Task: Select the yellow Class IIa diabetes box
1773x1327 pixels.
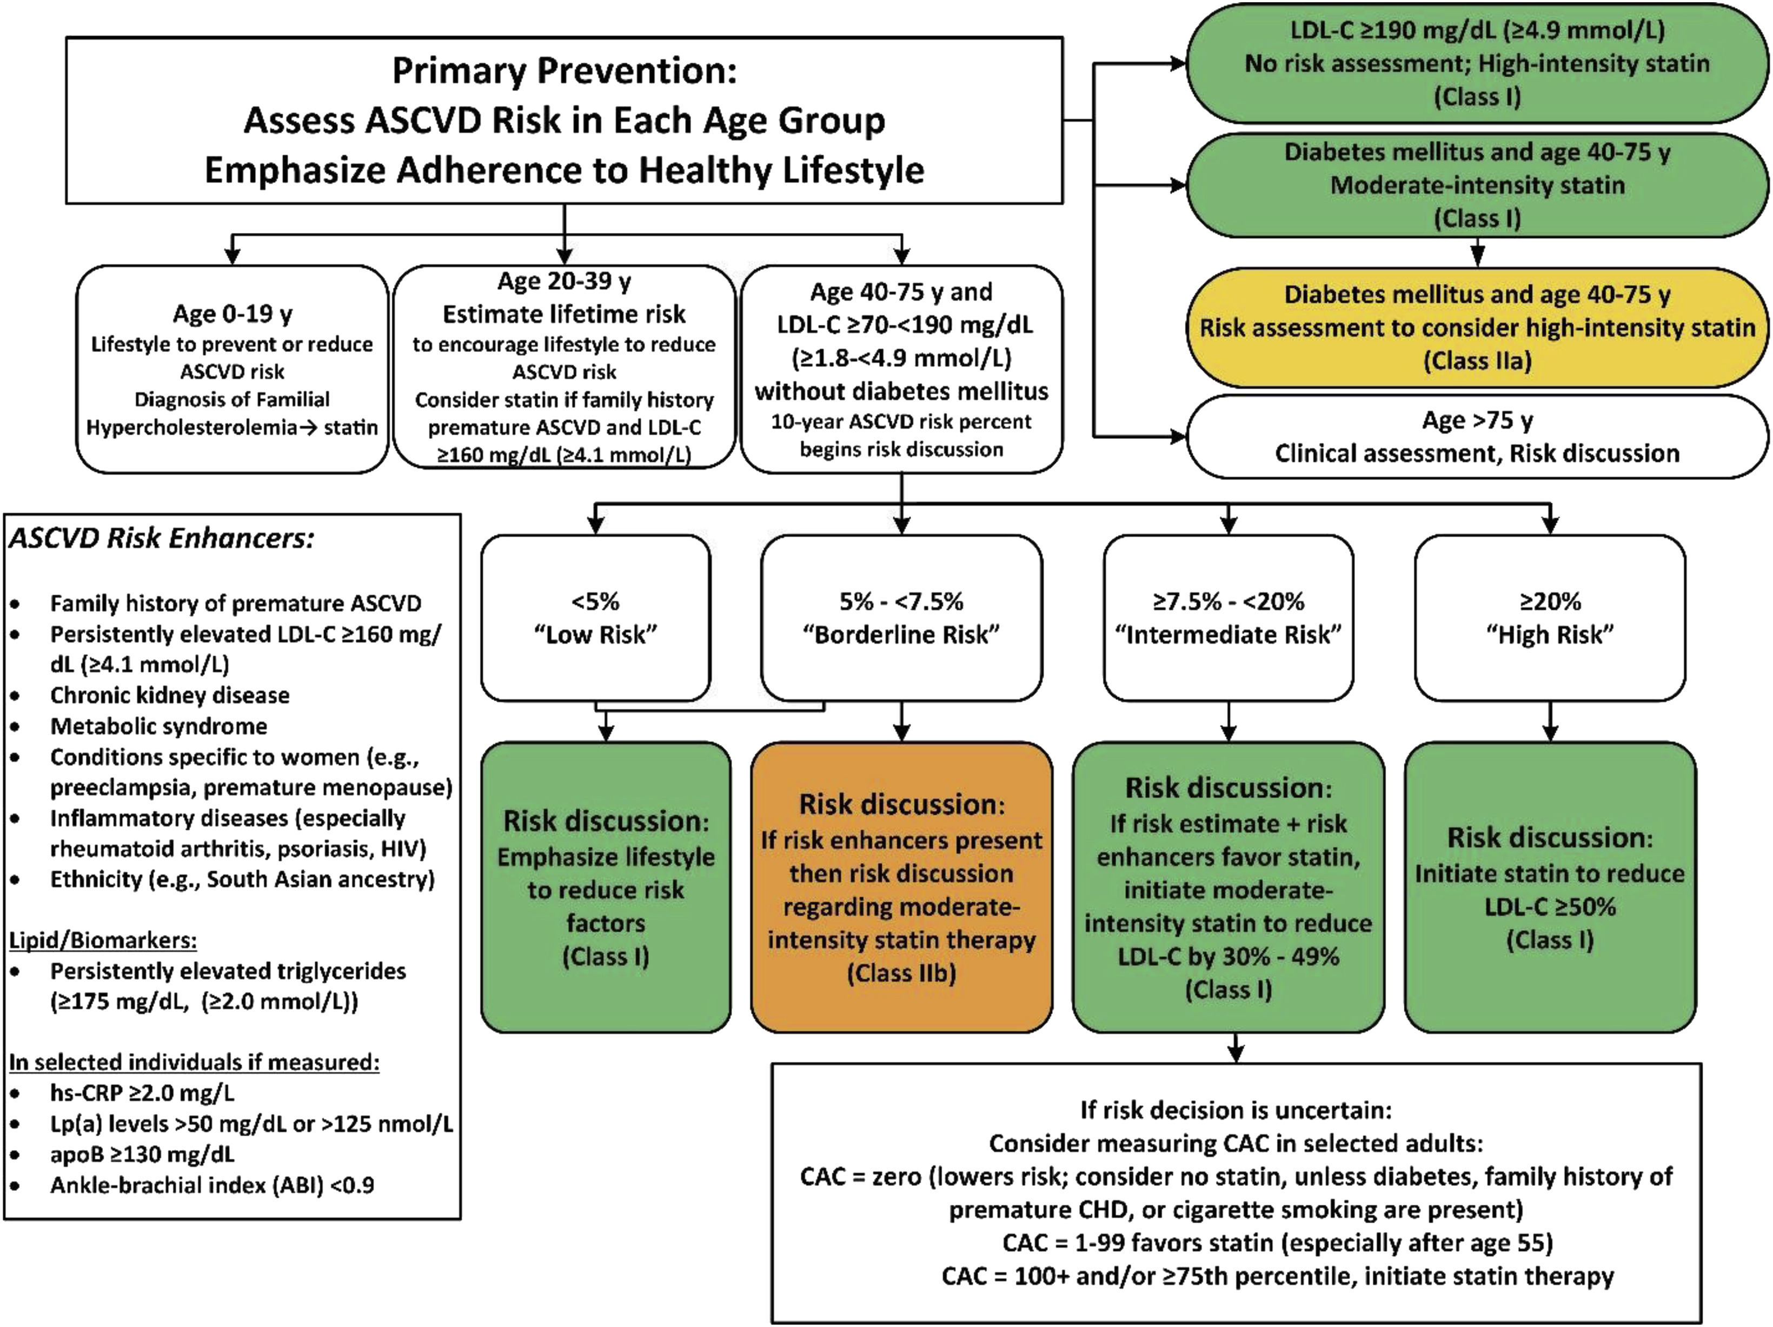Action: pyautogui.click(x=1477, y=328)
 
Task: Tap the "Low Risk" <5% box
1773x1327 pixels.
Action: pyautogui.click(x=595, y=618)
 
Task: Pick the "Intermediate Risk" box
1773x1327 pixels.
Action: pyautogui.click(x=1228, y=618)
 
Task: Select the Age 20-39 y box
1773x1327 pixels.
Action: pyautogui.click(x=565, y=368)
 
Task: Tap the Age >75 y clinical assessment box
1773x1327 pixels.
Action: pyautogui.click(x=1477, y=437)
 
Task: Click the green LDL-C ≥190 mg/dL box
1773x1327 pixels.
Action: pyautogui.click(x=1477, y=63)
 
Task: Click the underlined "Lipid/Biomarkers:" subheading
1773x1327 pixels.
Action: pyautogui.click(x=103, y=940)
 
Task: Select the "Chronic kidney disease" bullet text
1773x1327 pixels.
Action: pyautogui.click(x=169, y=695)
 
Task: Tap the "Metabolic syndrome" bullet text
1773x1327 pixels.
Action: pyautogui.click(x=159, y=726)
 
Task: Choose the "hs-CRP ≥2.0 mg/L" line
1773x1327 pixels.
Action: pyautogui.click(x=142, y=1093)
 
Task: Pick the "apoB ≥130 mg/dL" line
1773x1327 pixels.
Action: pyautogui.click(x=142, y=1154)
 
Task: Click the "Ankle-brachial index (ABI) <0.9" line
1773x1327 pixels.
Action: pyautogui.click(x=211, y=1185)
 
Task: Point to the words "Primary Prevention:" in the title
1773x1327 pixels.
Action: pyautogui.click(x=565, y=70)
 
